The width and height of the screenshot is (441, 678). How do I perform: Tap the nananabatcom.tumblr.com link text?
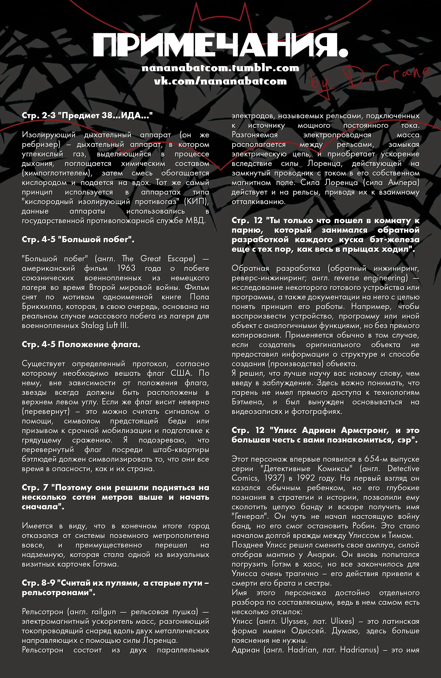(x=220, y=68)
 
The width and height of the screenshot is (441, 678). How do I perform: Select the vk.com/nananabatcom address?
(x=220, y=81)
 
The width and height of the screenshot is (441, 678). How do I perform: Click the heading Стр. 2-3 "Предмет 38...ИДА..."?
(x=87, y=115)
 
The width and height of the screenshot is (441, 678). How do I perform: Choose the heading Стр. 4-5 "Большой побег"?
(x=78, y=239)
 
